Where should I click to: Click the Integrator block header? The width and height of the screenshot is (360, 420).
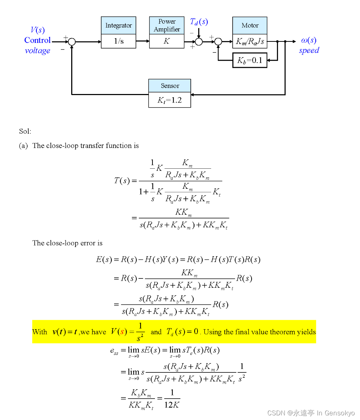click(118, 25)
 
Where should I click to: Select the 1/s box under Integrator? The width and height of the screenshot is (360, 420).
click(118, 41)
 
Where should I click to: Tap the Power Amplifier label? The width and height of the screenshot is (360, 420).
click(167, 25)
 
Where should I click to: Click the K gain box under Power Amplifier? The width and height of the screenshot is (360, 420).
click(167, 41)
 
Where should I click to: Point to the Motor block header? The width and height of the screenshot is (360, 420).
click(250, 25)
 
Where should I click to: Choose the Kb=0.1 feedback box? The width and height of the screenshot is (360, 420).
click(250, 60)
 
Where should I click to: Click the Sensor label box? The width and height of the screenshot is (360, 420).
click(170, 86)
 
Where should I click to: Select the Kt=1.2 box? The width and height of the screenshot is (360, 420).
click(170, 100)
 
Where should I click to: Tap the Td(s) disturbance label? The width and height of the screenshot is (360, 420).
click(199, 22)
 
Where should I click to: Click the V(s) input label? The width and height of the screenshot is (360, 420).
click(38, 30)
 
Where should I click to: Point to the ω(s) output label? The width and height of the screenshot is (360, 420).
click(308, 40)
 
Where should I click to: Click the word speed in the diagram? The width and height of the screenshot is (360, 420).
click(308, 50)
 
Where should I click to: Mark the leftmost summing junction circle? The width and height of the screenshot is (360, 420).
click(72, 41)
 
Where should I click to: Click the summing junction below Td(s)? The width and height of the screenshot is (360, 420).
click(199, 41)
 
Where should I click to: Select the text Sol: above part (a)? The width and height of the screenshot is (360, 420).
click(25, 131)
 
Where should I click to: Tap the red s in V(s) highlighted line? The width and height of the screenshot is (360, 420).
click(122, 331)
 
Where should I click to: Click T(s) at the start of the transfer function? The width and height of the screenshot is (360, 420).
click(122, 181)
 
